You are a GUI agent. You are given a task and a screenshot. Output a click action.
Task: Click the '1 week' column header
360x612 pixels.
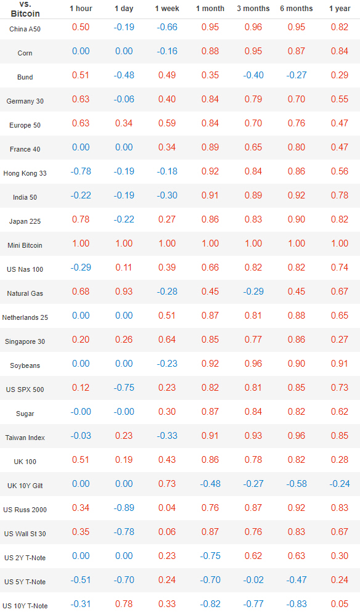click(167, 8)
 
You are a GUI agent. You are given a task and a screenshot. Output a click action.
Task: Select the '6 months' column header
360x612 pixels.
click(297, 8)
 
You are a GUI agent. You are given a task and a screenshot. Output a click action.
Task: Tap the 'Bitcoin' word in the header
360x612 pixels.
click(25, 14)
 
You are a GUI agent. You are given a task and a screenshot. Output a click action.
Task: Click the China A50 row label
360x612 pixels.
click(25, 29)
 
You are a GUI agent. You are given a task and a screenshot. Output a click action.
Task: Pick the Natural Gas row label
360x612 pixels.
click(25, 293)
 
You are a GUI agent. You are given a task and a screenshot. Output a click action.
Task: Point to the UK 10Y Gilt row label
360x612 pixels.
click(25, 486)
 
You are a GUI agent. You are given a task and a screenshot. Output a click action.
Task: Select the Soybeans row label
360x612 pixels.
click(25, 365)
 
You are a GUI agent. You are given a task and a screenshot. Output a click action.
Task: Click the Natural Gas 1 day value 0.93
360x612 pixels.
click(124, 292)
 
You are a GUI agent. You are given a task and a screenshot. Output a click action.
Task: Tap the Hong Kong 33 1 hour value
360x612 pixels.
click(81, 171)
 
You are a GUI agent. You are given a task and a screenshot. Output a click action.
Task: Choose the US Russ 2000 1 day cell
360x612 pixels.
click(124, 508)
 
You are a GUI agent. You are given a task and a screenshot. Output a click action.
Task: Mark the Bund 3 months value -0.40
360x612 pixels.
click(253, 75)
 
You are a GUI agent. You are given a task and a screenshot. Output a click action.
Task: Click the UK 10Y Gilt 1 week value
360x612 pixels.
click(167, 484)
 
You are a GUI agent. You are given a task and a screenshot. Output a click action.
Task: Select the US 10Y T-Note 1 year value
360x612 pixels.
click(340, 604)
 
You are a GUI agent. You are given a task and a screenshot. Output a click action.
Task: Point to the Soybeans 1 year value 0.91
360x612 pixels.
click(340, 364)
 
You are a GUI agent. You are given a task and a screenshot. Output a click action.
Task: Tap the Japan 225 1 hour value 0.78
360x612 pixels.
click(81, 219)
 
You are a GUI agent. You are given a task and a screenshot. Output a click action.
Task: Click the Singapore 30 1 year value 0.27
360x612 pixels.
click(340, 340)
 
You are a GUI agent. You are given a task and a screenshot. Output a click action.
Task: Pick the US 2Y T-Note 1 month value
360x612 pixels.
click(210, 556)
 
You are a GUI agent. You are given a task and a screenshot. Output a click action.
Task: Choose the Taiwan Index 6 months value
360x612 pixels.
click(297, 436)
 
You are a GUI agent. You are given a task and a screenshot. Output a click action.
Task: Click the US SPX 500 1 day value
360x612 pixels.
click(124, 388)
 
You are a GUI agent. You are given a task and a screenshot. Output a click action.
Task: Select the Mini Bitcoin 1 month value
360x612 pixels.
click(210, 243)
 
